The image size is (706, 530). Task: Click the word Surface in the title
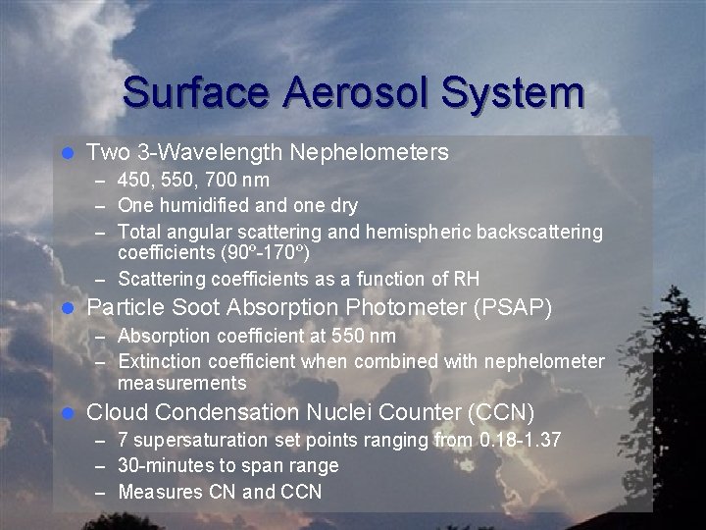[x=197, y=93]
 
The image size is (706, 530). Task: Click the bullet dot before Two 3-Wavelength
[x=67, y=153]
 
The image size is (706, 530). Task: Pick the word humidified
[x=199, y=205]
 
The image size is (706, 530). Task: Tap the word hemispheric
[x=416, y=231]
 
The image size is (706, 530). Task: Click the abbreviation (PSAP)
[x=512, y=308]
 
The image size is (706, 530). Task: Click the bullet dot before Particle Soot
[x=67, y=309]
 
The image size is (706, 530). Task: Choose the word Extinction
[x=158, y=362]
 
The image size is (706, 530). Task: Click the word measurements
[x=181, y=382]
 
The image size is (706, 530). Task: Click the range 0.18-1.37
[x=519, y=441]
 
